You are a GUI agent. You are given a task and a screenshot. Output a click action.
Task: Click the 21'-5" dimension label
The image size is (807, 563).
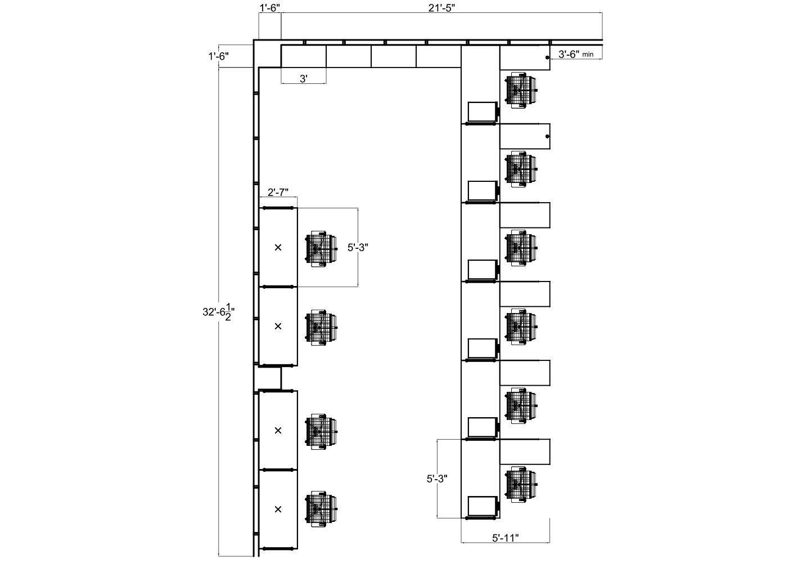coord(441,7)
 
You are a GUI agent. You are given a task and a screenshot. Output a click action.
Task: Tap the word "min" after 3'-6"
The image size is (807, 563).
coord(588,55)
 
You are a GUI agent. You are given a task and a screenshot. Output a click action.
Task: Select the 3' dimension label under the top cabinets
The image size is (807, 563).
coord(303,79)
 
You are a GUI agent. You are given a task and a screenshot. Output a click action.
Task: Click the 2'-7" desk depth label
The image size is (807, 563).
coord(278,192)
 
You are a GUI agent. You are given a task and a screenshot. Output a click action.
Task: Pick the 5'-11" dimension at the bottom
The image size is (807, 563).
coord(504,538)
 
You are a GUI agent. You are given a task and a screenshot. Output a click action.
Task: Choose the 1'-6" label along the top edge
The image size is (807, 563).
coord(269,7)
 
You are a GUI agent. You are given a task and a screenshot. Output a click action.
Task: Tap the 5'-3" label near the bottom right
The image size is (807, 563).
coord(437,479)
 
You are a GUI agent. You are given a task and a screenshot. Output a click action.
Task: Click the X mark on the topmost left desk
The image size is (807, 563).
coord(278,247)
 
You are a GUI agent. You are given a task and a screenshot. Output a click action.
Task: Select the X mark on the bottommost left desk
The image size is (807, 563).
coord(278,510)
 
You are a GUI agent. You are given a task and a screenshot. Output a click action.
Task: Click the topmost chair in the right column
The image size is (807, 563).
coord(521,90)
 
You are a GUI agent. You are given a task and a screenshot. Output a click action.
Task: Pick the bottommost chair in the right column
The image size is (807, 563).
coord(521,485)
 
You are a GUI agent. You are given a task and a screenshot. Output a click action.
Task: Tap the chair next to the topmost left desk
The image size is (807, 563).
coord(321,248)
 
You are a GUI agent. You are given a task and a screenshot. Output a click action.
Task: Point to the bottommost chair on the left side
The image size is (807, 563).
coord(321,510)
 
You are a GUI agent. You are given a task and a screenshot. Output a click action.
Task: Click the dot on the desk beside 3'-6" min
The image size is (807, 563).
coord(547,57)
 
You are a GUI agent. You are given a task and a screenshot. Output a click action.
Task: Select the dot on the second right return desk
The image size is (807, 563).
coord(547,136)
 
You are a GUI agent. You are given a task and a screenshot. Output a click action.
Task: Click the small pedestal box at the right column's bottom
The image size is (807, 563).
coord(482,506)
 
